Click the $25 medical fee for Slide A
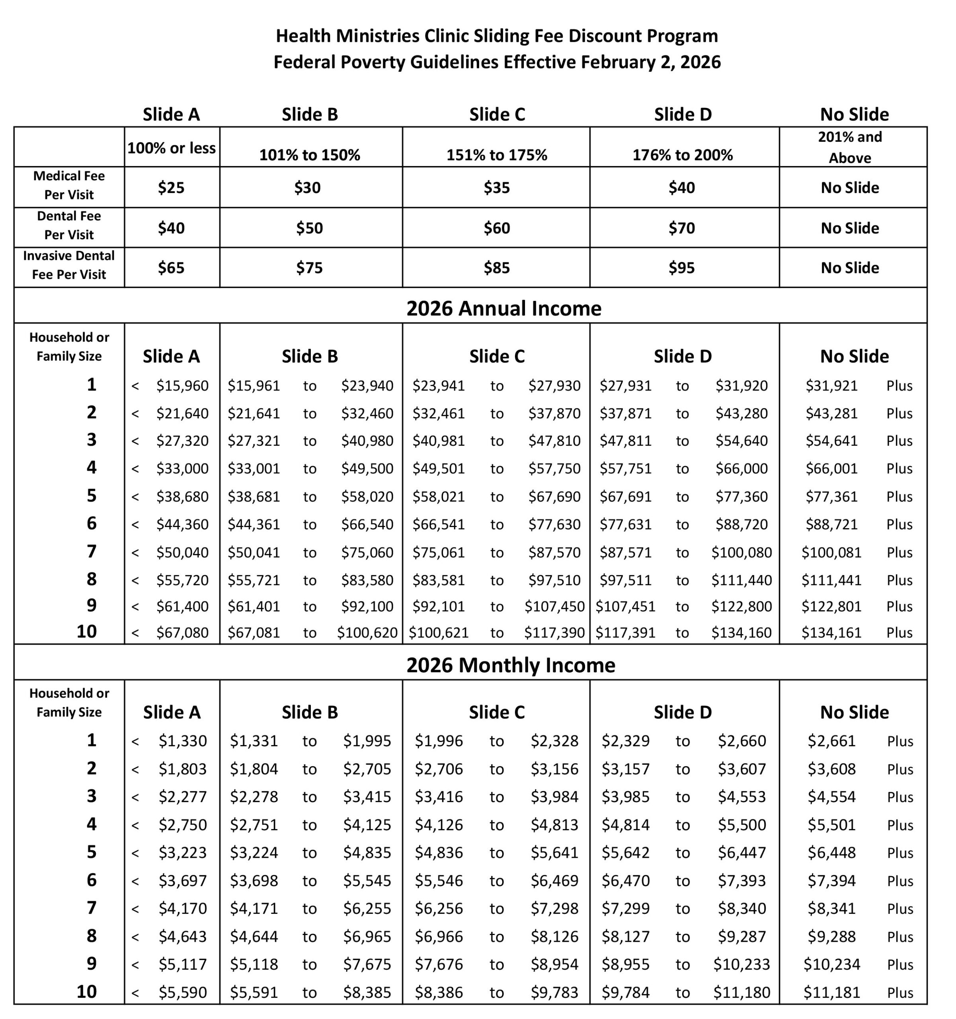171,187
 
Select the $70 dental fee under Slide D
681,228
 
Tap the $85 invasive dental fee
496,268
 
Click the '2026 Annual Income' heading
503,308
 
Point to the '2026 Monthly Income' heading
511,665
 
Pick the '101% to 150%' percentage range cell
310,155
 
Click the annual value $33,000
183,469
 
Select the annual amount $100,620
367,633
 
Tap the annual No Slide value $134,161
831,633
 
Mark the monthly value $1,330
183,741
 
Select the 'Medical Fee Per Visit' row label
69,185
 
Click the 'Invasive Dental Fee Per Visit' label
69,265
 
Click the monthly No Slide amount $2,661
831,741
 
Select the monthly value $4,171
254,909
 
